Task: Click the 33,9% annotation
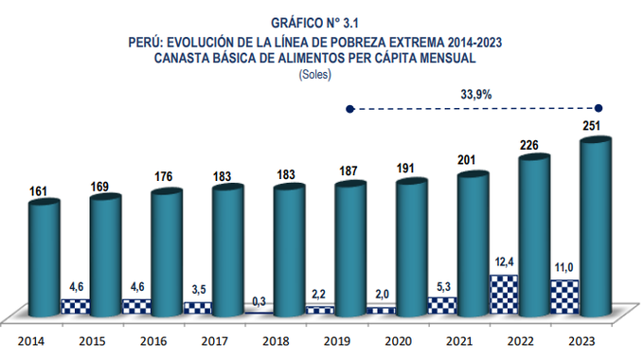coord(475,95)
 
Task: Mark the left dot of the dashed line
coord(349,109)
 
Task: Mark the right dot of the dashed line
coord(597,109)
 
